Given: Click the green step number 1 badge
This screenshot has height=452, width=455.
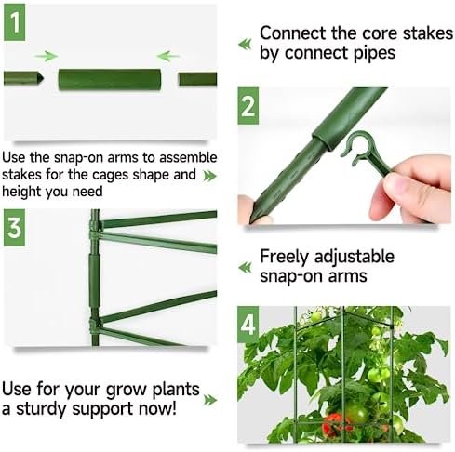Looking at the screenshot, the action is pyautogui.click(x=14, y=22).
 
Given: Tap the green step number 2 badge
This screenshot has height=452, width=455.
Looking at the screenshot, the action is pyautogui.click(x=248, y=106).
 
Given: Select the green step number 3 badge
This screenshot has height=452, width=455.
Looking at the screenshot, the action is pyautogui.click(x=14, y=228).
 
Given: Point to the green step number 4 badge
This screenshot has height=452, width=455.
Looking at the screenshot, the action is pyautogui.click(x=248, y=325).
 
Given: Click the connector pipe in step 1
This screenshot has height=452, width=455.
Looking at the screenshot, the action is pyautogui.click(x=110, y=80).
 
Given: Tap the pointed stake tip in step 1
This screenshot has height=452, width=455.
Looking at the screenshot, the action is pyautogui.click(x=40, y=78).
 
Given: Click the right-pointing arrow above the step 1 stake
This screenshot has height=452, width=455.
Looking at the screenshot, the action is pyautogui.click(x=47, y=56).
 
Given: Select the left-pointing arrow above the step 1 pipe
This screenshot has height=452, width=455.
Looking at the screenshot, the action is pyautogui.click(x=167, y=56).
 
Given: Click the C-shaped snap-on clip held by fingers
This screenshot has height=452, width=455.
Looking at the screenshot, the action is pyautogui.click(x=360, y=148).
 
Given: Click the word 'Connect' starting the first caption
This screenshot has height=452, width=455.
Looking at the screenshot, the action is pyautogui.click(x=293, y=33).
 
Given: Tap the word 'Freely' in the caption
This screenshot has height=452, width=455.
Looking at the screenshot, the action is pyautogui.click(x=284, y=257).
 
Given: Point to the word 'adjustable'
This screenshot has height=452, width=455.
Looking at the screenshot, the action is pyautogui.click(x=354, y=257).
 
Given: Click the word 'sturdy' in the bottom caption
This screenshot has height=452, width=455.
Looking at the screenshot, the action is pyautogui.click(x=41, y=409).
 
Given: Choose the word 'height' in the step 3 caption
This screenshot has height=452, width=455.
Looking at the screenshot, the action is pyautogui.click(x=21, y=192).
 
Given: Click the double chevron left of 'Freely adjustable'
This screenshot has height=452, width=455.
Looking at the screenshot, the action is pyautogui.click(x=245, y=267).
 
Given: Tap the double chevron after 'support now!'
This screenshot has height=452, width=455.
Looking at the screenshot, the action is pyautogui.click(x=210, y=400).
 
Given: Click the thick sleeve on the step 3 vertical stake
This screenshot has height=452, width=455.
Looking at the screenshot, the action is pyautogui.click(x=95, y=280).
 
